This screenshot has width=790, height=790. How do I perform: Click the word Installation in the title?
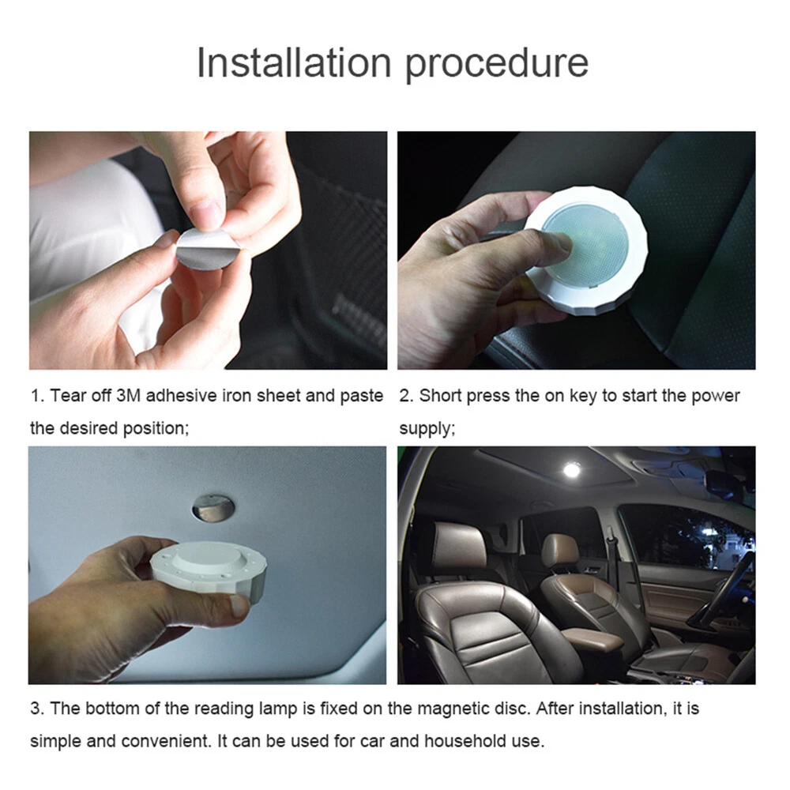pyautogui.click(x=294, y=62)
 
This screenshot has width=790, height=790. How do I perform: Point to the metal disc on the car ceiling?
pyautogui.click(x=213, y=508)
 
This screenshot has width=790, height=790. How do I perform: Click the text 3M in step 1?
pyautogui.click(x=128, y=396)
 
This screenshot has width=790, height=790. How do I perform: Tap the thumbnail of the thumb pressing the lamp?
pyautogui.click(x=560, y=243)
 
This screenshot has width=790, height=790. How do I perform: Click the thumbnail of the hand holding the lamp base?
pyautogui.click(x=239, y=606)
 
